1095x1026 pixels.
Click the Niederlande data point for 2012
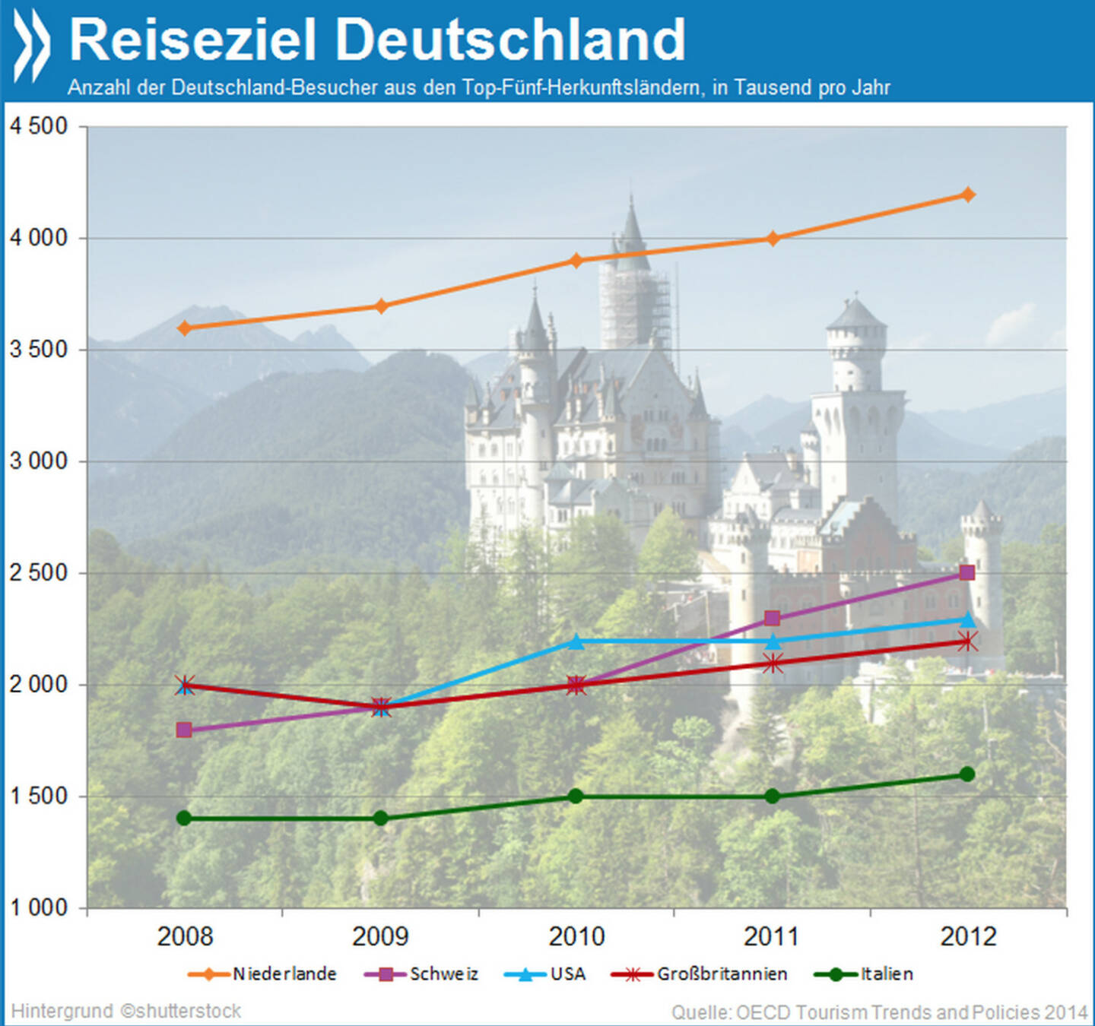coord(967,195)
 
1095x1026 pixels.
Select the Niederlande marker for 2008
coord(184,328)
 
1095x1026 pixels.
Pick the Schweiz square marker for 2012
coord(966,572)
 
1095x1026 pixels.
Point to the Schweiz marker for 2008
coord(184,730)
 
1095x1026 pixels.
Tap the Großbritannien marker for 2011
coord(773,663)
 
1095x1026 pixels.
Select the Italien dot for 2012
coord(967,774)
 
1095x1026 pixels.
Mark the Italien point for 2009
coord(381,819)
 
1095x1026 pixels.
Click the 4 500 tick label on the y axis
coord(38,126)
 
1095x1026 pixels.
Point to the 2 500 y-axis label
coord(38,573)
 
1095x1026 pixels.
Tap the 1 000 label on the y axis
coord(38,907)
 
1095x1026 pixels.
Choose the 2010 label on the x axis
coord(576,936)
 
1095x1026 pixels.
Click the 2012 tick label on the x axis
coord(967,936)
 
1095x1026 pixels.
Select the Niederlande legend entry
coord(284,974)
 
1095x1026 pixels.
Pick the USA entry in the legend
coord(567,974)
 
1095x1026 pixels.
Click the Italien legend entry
coord(886,974)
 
